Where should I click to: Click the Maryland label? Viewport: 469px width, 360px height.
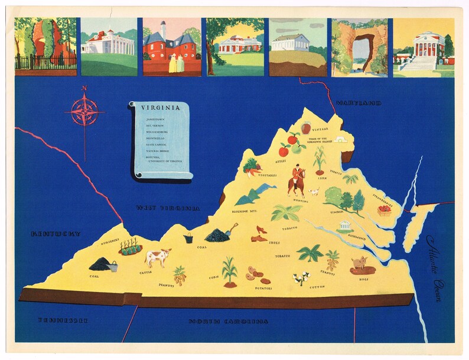coord(358,103)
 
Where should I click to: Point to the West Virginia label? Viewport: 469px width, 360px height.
coord(167,208)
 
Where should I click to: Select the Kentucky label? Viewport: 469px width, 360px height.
coord(56,234)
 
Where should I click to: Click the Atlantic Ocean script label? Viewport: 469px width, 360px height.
coord(435,267)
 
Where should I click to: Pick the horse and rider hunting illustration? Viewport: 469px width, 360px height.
coord(297,181)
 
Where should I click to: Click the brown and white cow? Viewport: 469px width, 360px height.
coord(158,257)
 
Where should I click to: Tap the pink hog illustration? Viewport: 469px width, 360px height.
coord(360,264)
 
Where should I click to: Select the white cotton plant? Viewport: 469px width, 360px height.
coord(302,278)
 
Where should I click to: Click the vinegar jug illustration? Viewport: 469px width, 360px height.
coord(305,128)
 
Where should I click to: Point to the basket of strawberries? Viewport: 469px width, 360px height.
coord(385,209)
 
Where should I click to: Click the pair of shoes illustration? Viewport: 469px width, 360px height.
coord(260,235)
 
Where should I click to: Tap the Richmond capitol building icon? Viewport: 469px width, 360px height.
coord(344,226)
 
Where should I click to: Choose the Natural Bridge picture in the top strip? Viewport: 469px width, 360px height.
coord(359,47)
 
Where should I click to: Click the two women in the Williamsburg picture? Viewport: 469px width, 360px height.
coord(177,63)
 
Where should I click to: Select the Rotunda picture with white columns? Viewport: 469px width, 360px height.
coord(424,47)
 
